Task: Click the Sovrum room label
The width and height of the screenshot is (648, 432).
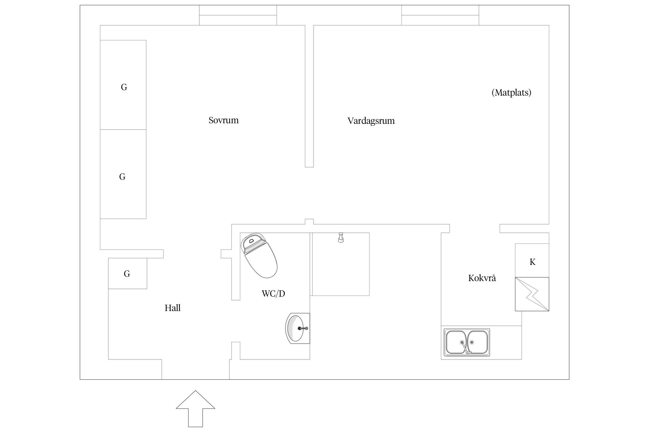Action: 223,120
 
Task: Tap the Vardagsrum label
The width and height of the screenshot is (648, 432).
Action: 371,121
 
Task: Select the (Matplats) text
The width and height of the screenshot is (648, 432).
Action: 511,92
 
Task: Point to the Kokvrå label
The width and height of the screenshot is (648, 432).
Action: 482,278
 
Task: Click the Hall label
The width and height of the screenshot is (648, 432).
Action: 173,308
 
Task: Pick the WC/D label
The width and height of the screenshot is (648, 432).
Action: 273,293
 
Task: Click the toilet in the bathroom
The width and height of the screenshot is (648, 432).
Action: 259,255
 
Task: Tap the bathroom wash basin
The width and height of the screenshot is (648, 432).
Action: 298,328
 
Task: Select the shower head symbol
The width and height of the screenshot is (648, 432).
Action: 341,238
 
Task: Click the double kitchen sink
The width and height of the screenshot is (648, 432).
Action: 467,342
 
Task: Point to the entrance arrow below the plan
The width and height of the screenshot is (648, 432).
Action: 196,409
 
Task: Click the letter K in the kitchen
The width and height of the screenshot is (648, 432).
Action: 533,262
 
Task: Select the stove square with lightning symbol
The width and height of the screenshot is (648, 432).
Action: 532,294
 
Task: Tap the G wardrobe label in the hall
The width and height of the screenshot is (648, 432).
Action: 127,274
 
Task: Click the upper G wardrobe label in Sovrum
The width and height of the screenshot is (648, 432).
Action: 124,87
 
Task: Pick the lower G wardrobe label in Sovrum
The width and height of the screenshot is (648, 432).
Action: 122,177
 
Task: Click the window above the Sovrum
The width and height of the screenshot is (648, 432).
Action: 238,15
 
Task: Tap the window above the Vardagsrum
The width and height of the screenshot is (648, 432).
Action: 440,15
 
